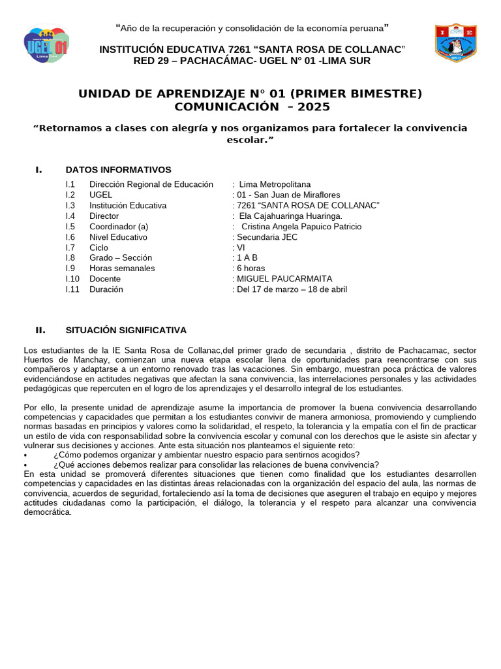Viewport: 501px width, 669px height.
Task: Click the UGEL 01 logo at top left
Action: pyautogui.click(x=46, y=44)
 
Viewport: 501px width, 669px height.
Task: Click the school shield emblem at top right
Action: pyautogui.click(x=456, y=43)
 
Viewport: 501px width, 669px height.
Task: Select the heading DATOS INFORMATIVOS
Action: pyautogui.click(x=118, y=170)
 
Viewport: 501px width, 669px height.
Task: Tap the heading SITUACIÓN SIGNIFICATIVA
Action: pyautogui.click(x=126, y=330)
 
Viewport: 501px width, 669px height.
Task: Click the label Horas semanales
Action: pyautogui.click(x=122, y=269)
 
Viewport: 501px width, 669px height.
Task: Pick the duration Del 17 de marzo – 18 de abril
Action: pyautogui.click(x=292, y=289)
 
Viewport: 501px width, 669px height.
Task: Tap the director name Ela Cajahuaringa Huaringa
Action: pyautogui.click(x=290, y=216)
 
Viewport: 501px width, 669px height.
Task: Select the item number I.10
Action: pyautogui.click(x=72, y=279)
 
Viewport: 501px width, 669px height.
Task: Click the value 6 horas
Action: pyautogui.click(x=251, y=269)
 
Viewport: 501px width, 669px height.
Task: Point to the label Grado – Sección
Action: pyautogui.click(x=121, y=258)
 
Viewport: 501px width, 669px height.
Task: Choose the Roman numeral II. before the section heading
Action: pyautogui.click(x=40, y=330)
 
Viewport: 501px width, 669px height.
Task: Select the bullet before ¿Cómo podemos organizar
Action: pyautogui.click(x=25, y=455)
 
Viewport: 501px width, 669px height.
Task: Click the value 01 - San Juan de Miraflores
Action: pyautogui.click(x=288, y=195)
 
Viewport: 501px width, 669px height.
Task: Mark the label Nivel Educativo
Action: pyautogui.click(x=118, y=237)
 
